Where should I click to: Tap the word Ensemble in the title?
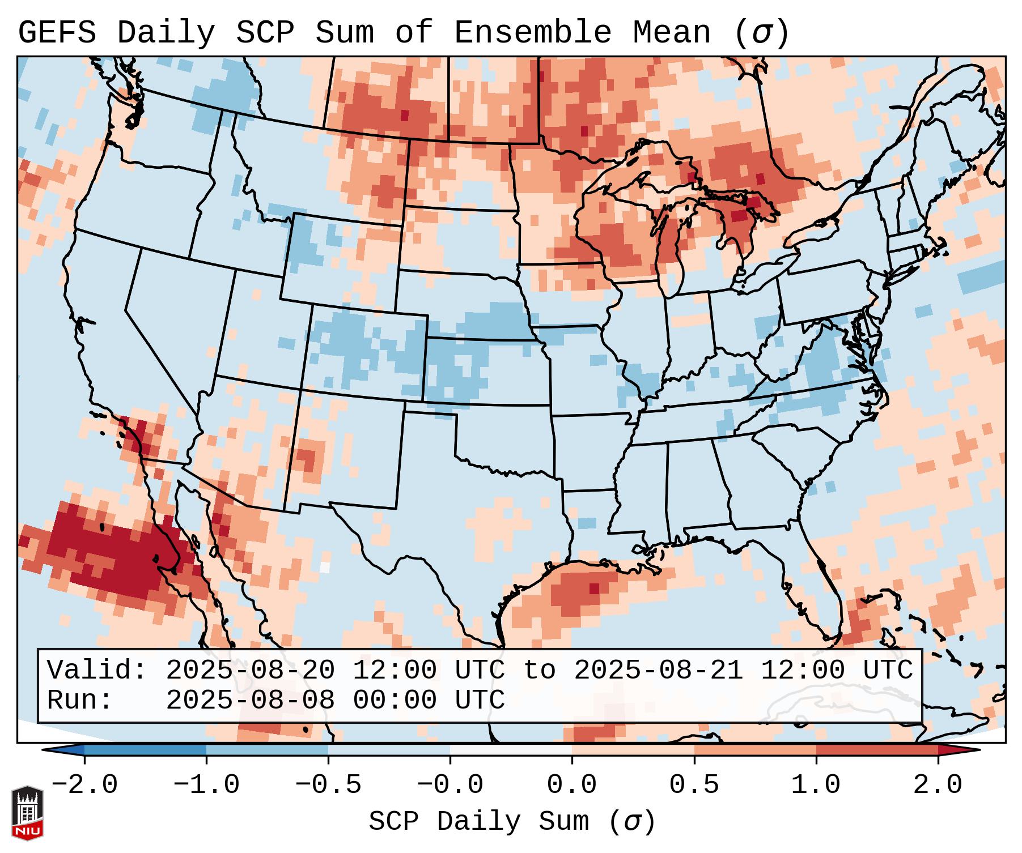[532, 33]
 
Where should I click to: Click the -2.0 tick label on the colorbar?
[84, 785]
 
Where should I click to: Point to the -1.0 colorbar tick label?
[206, 785]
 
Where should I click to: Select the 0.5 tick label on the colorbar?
[694, 785]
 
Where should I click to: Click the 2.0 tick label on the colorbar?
[938, 785]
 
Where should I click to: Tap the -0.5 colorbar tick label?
[328, 785]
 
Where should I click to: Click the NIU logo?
[27, 813]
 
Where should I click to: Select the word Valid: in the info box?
[97, 670]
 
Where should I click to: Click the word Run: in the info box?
[80, 700]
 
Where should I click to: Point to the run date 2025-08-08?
[250, 700]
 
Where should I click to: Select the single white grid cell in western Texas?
[325, 567]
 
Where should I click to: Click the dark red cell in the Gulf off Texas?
[594, 588]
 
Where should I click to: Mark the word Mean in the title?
[672, 33]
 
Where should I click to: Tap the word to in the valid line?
[539, 670]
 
